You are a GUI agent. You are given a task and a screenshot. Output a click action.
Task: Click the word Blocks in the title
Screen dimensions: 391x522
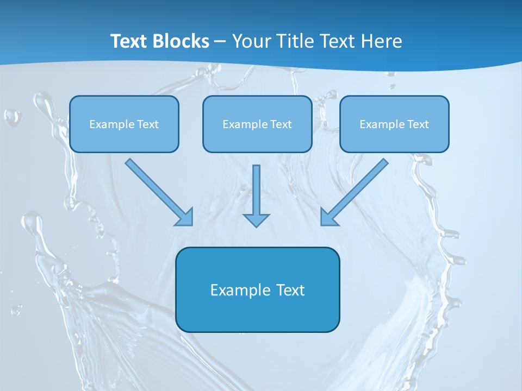coord(181,41)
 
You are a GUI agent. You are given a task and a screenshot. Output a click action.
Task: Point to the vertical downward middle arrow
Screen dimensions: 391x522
coord(257,190)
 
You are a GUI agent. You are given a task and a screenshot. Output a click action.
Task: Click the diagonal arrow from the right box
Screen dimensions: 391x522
coord(359,187)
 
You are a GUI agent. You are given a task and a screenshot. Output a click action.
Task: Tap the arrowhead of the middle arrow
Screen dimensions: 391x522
coord(257,219)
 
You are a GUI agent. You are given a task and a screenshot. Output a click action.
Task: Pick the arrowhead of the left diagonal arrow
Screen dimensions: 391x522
coord(185,218)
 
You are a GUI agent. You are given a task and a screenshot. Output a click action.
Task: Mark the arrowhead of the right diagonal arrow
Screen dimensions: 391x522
coord(328,217)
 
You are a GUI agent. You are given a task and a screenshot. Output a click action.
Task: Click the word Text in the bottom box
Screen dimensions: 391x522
coord(291,290)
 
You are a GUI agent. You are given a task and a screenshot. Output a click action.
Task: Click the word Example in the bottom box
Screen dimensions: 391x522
coord(240,290)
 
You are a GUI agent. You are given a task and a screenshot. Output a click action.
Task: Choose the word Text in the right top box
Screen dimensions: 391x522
coord(418,124)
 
